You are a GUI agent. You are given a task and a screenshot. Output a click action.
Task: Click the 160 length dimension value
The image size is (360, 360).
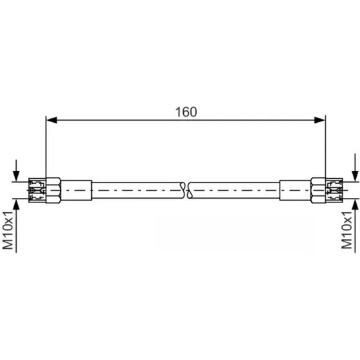[x=186, y=112]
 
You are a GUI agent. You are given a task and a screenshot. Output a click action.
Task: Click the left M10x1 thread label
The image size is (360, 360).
[x=8, y=230]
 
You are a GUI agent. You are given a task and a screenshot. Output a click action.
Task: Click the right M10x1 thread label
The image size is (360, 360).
[x=346, y=230]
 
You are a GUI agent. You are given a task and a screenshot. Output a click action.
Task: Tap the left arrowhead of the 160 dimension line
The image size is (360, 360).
[x=51, y=120]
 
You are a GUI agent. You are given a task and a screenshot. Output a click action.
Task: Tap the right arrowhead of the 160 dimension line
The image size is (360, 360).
[x=320, y=120]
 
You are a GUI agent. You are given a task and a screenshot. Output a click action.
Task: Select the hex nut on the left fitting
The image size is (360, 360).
[x=53, y=190]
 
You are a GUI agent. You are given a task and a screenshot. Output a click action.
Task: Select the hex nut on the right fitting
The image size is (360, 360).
[x=318, y=190]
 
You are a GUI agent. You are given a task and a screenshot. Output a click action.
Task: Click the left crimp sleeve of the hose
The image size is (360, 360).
[x=76, y=190]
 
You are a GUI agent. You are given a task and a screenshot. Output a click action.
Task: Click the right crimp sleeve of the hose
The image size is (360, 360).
[x=295, y=190]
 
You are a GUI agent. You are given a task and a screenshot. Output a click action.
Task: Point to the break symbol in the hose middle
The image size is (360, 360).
[x=186, y=190]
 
